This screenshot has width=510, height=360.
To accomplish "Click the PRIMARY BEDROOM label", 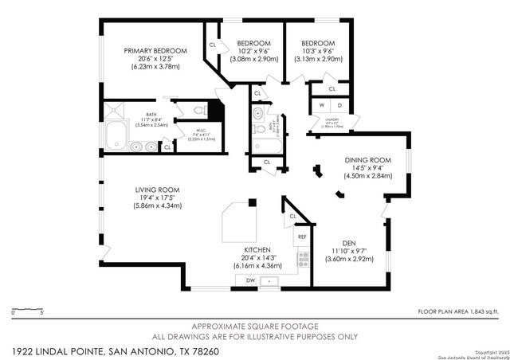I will click(155, 51).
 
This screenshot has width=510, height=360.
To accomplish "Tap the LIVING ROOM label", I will click(157, 190).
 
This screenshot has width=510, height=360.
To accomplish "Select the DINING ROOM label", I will click(367, 160).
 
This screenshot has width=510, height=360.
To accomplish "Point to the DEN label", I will click(347, 243).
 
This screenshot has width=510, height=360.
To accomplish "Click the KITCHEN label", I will click(257, 249).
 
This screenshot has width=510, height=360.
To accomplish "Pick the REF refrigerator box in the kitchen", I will click(303, 237).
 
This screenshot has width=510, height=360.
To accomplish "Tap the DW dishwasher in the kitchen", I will click(250, 281).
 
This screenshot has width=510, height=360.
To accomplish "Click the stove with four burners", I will click(303, 258).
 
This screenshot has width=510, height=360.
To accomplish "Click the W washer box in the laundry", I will click(323, 106).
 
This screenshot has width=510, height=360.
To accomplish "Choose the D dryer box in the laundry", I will click(339, 106).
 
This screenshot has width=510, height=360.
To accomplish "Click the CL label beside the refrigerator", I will click(293, 216).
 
